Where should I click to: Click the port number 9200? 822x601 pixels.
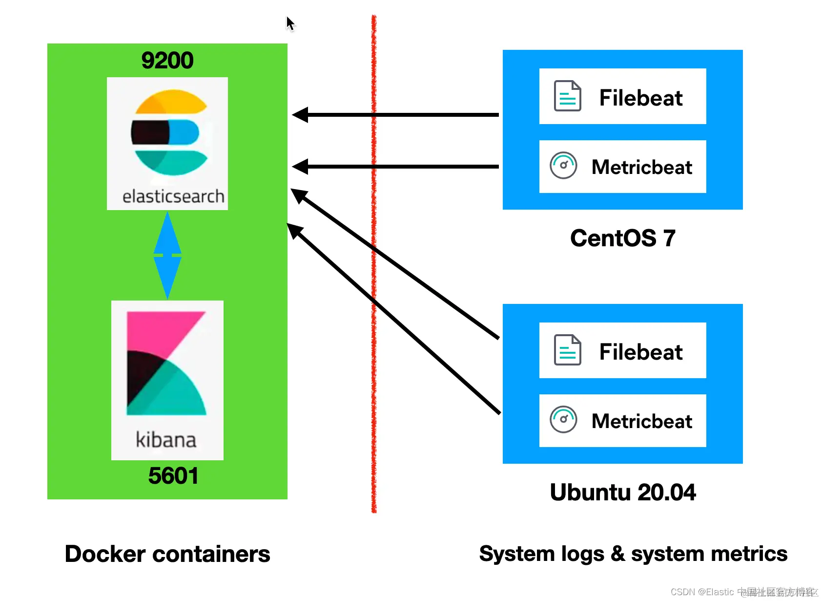tap(167, 61)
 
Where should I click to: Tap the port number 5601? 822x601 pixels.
tap(173, 476)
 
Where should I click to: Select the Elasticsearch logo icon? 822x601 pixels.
tap(169, 132)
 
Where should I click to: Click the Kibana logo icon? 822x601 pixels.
tap(166, 364)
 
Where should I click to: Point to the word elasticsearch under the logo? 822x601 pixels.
tap(173, 196)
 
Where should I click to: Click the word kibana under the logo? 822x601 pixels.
tap(166, 440)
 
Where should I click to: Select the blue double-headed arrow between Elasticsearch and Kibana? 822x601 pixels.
tap(167, 255)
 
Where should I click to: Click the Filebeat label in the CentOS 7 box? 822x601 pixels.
tap(640, 98)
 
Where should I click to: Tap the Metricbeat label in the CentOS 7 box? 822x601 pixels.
tap(641, 167)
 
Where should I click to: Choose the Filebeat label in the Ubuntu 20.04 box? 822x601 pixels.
tap(640, 352)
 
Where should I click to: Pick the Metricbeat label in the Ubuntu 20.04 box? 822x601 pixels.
tap(641, 421)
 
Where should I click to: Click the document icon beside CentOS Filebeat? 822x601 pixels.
tap(567, 96)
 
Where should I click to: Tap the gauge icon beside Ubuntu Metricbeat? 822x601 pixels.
tap(563, 419)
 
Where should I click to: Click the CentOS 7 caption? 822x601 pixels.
tap(623, 238)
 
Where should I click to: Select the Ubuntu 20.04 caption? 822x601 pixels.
tap(623, 492)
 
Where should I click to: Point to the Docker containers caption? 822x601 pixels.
tap(167, 554)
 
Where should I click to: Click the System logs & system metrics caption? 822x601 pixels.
tap(633, 554)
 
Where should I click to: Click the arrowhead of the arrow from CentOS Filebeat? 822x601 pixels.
tap(300, 115)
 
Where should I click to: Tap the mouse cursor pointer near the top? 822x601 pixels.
tap(290, 23)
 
